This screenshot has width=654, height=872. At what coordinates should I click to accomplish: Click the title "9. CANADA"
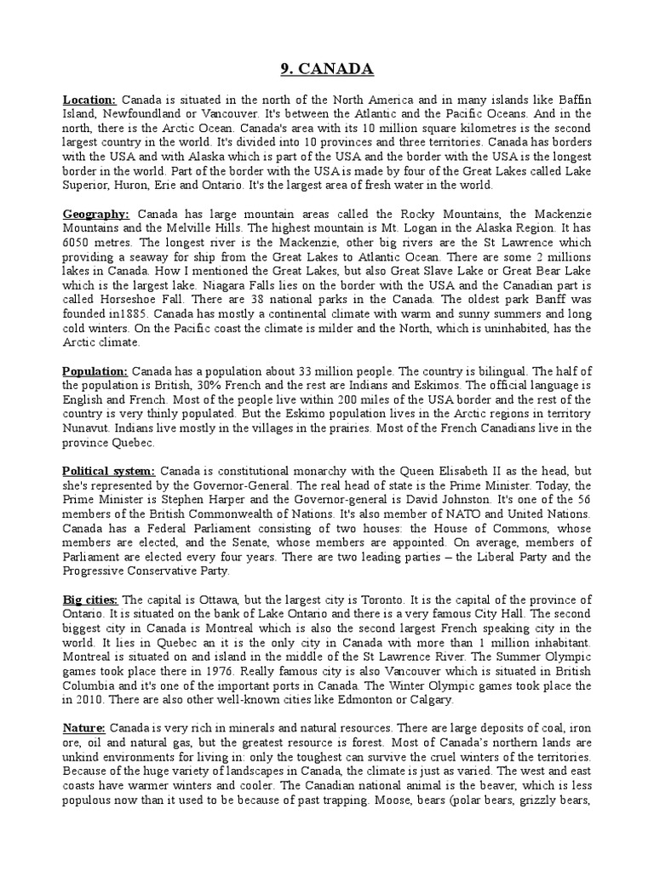pyautogui.click(x=326, y=68)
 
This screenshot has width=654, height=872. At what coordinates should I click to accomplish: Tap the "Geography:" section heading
pyautogui.click(x=96, y=213)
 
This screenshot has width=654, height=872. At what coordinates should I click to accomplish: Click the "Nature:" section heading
pyautogui.click(x=83, y=726)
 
